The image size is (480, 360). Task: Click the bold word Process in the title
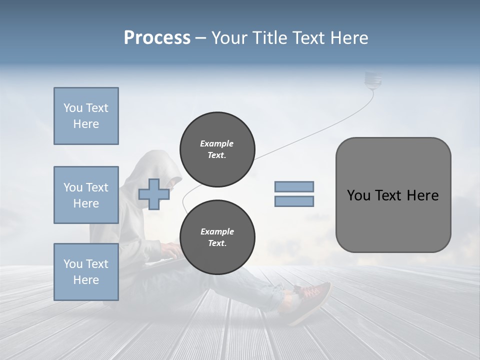pos(157,38)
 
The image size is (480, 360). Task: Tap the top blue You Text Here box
pos(86,116)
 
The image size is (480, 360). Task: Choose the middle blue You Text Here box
pos(86,195)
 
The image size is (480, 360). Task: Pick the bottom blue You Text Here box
pos(86,271)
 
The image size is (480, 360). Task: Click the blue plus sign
pos(153,194)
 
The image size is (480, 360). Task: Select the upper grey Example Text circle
pos(217,149)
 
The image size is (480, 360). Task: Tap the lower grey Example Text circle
pos(217,237)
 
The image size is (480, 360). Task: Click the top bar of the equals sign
pos(294,186)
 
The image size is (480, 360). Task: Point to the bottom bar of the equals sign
pos(294,201)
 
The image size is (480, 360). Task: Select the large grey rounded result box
pos(393,195)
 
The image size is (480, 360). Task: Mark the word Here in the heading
pos(349,38)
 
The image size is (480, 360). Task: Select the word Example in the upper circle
pos(217,143)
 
